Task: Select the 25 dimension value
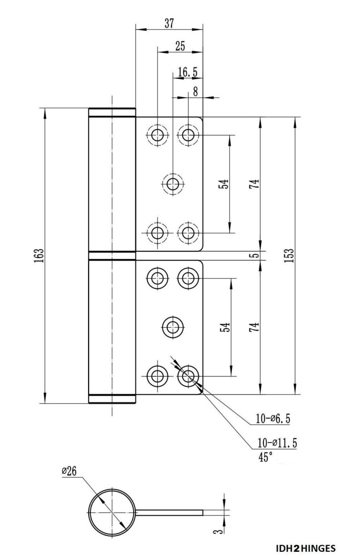click(x=180, y=46)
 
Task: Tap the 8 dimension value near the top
click(x=195, y=92)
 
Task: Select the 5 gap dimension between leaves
click(x=254, y=256)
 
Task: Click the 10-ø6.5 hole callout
click(x=273, y=419)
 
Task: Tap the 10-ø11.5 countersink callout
click(x=277, y=443)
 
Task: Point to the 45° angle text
click(x=265, y=457)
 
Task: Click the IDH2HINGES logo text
click(x=306, y=548)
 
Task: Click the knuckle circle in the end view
click(x=112, y=512)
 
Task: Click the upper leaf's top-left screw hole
click(x=158, y=135)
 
